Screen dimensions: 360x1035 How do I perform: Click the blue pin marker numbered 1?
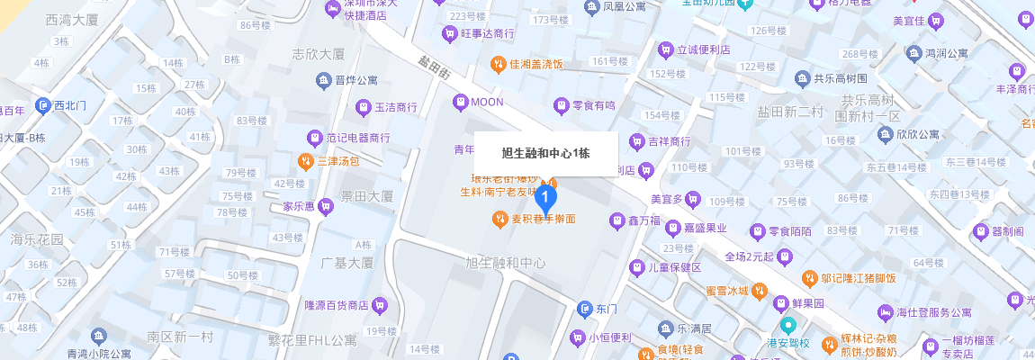(x=545, y=195)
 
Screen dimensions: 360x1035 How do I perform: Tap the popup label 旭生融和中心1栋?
(x=545, y=154)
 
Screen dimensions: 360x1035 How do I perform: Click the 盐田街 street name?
(x=434, y=69)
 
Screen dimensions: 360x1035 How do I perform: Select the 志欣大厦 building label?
(x=319, y=53)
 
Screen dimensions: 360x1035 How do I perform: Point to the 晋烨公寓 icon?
(x=324, y=81)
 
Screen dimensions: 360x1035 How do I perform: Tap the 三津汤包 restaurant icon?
(x=306, y=162)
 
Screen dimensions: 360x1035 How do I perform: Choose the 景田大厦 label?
(x=367, y=196)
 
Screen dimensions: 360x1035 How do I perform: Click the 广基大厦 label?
(x=346, y=263)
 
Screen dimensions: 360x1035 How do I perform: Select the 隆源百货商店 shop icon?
(x=380, y=304)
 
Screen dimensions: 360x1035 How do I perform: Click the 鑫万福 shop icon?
(x=617, y=220)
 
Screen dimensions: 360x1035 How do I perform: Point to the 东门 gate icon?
(x=585, y=309)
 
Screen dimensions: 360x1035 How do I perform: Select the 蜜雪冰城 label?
(x=726, y=291)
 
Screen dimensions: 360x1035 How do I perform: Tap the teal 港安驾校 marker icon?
(x=788, y=325)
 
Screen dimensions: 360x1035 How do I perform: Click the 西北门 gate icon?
(x=42, y=105)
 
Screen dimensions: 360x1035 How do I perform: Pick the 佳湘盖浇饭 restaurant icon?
(x=497, y=64)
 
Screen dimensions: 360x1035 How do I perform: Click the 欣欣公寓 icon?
(x=886, y=134)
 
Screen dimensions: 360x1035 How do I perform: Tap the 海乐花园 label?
(x=37, y=239)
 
